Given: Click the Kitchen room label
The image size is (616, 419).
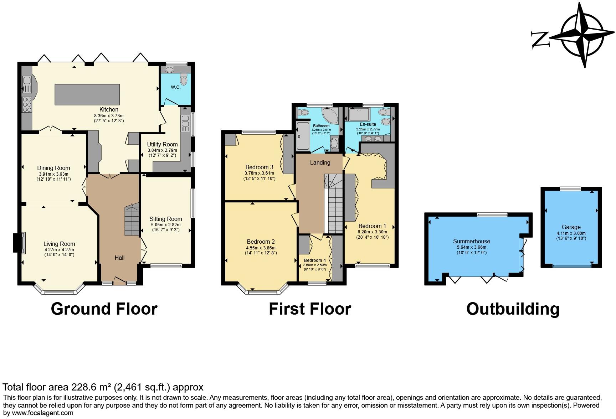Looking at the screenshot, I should (x=109, y=109).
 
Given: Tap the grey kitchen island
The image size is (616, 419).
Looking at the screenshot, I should (x=87, y=94).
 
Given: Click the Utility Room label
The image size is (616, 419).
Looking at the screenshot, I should (x=162, y=144).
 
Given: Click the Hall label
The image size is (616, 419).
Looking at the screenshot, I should (x=119, y=258).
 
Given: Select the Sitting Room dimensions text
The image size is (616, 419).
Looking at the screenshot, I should (x=166, y=227).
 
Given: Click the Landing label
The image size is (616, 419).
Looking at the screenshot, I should (x=320, y=162).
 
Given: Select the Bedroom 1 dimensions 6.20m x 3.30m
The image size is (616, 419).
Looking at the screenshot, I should (x=372, y=232).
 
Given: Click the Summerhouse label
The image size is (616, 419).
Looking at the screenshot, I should (x=471, y=241).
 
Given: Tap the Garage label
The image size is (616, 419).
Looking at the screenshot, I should (x=571, y=227).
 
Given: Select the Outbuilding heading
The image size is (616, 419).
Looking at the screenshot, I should (x=513, y=309).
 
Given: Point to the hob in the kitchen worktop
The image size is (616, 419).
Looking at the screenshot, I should (x=27, y=104).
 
